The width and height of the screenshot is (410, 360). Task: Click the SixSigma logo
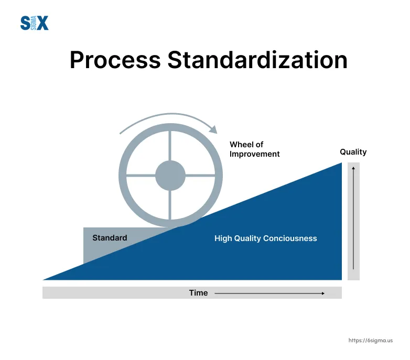click(x=34, y=23)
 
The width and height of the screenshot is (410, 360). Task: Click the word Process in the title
click(x=115, y=60)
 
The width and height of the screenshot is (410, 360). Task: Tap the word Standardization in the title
click(x=257, y=60)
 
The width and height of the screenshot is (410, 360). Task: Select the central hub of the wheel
click(x=170, y=176)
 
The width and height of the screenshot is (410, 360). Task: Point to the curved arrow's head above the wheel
click(x=213, y=130)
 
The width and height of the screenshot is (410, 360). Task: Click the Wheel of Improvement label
click(x=254, y=149)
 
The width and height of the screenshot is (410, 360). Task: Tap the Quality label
click(x=353, y=152)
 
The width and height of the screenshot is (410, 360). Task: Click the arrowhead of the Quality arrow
click(x=353, y=168)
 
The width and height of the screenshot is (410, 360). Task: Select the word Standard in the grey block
click(x=110, y=238)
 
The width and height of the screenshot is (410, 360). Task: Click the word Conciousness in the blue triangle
click(x=290, y=238)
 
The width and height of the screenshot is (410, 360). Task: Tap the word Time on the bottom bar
click(x=198, y=293)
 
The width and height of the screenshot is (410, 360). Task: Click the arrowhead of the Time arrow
click(x=323, y=293)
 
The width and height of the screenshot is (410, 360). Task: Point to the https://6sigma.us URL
click(x=371, y=341)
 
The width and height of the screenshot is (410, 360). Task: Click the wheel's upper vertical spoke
click(x=170, y=146)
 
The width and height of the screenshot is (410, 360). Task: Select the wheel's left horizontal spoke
click(x=141, y=175)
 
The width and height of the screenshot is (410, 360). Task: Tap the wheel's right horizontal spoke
click(x=200, y=176)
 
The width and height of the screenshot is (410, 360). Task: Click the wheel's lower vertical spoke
click(x=170, y=205)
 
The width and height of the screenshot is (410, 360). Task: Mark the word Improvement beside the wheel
click(x=254, y=154)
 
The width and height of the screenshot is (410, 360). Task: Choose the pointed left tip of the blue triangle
click(x=43, y=280)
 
